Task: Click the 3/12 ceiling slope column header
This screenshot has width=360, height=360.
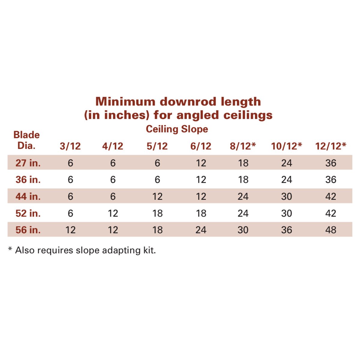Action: pyautogui.click(x=70, y=146)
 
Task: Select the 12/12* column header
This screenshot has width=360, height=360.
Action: pyautogui.click(x=331, y=146)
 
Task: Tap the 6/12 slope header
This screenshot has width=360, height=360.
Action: pyautogui.click(x=201, y=146)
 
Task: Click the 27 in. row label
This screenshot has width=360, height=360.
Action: pyautogui.click(x=28, y=163)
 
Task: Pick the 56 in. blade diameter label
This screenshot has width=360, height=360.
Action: pyautogui.click(x=28, y=230)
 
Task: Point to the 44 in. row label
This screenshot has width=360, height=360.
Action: pyautogui.click(x=28, y=196)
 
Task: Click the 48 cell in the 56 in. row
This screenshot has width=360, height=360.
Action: pyautogui.click(x=331, y=230)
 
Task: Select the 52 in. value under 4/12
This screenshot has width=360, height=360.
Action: pyautogui.click(x=113, y=213)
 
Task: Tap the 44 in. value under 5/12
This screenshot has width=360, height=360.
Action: pyautogui.click(x=157, y=196)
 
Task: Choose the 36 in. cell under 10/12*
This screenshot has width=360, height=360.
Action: pyautogui.click(x=286, y=180)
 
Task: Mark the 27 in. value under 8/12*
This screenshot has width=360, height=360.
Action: pyautogui.click(x=243, y=163)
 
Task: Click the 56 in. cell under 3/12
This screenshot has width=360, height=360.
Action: pyautogui.click(x=70, y=230)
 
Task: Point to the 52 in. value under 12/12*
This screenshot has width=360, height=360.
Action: pyautogui.click(x=331, y=213)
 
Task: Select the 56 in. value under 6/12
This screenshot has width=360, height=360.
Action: pyautogui.click(x=201, y=230)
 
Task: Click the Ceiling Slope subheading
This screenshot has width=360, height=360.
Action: pyautogui.click(x=177, y=129)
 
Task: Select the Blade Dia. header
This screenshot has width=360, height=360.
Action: pyautogui.click(x=26, y=140)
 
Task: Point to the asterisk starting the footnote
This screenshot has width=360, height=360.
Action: pyautogui.click(x=10, y=249)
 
